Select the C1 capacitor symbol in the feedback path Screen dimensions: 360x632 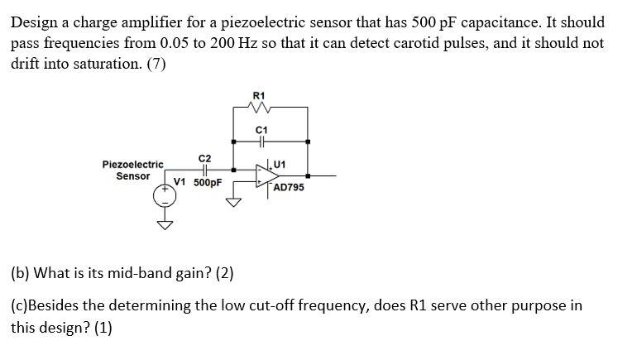[x=262, y=142]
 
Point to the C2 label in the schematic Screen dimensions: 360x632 [x=204, y=157]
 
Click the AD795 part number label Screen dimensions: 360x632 [x=288, y=188]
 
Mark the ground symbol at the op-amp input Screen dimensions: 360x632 [x=235, y=202]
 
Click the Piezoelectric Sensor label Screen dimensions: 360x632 [x=132, y=170]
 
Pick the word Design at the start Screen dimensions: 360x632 [x=34, y=22]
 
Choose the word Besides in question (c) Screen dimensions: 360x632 [x=56, y=305]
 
